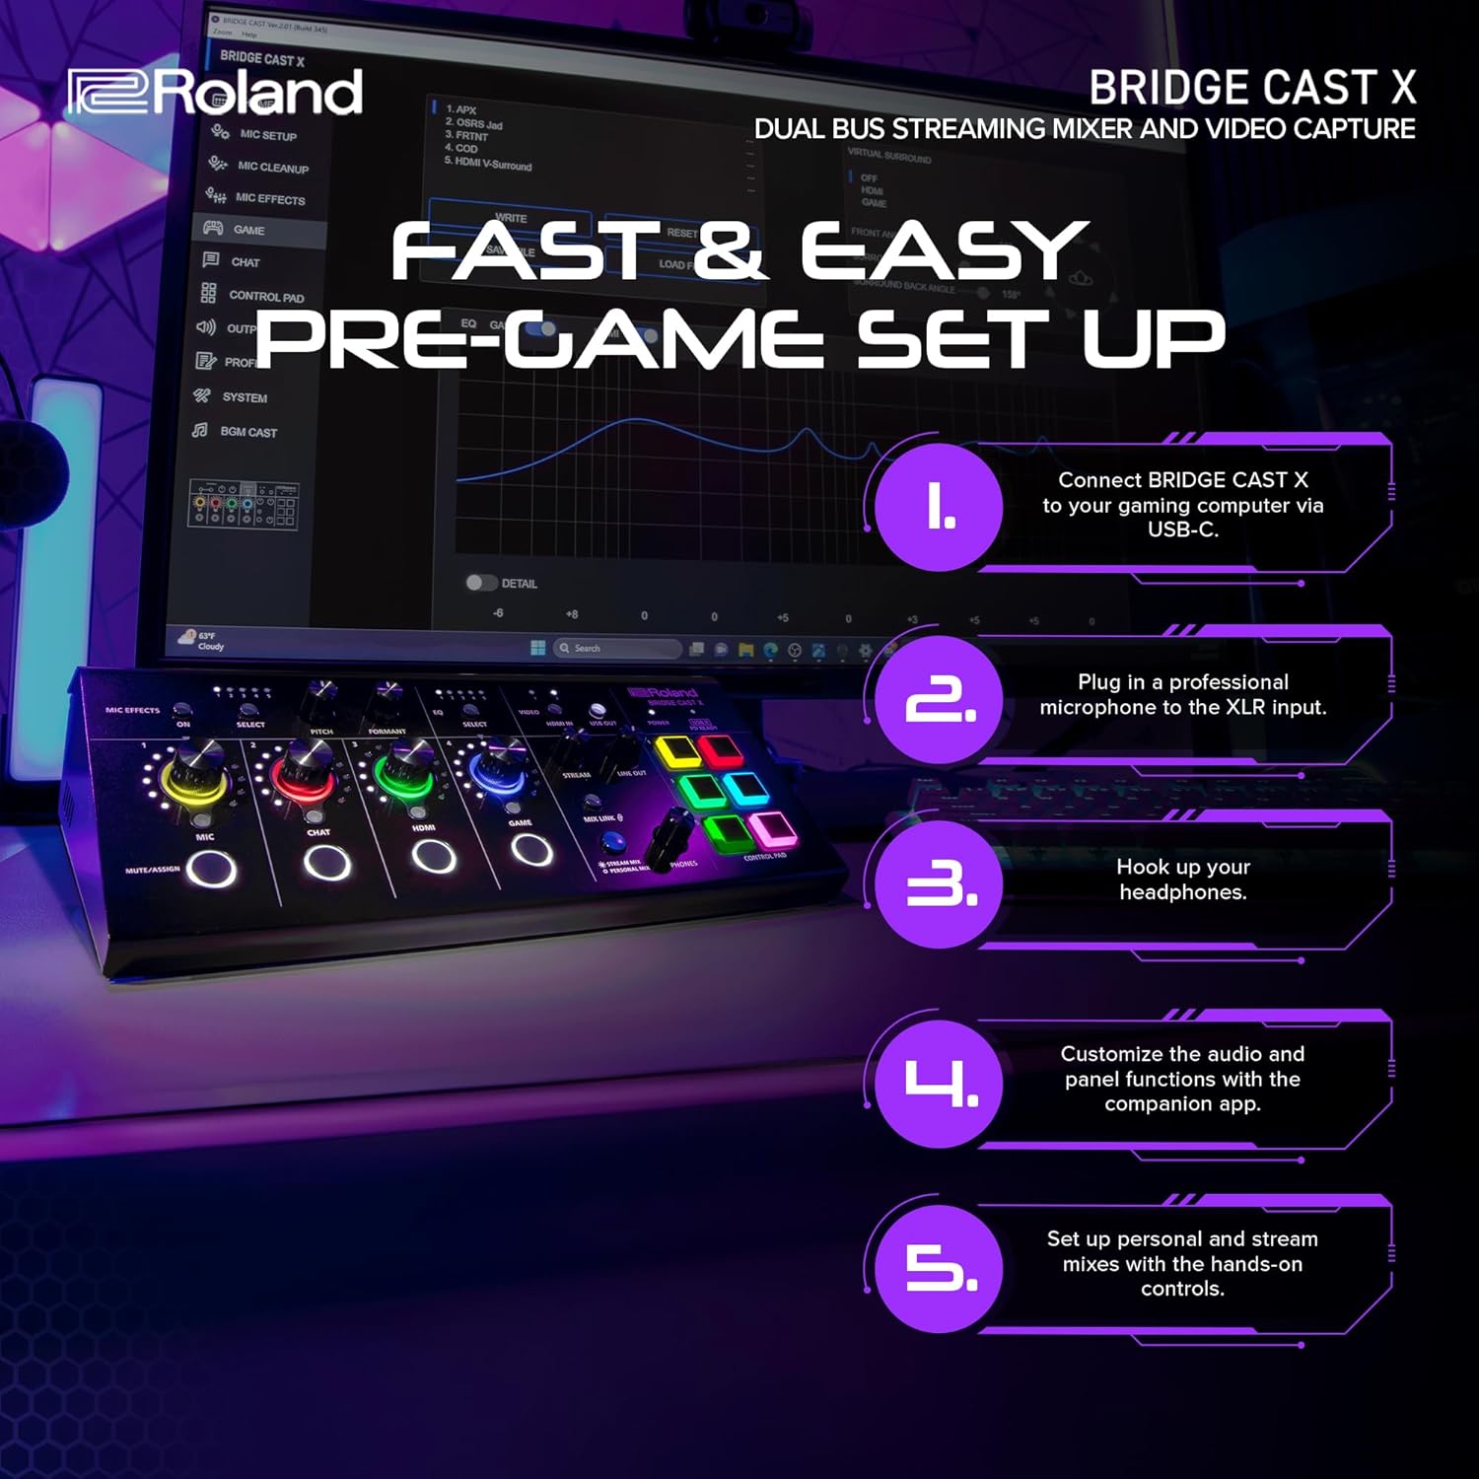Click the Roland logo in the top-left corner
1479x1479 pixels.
click(x=215, y=92)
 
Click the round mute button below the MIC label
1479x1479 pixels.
click(x=212, y=869)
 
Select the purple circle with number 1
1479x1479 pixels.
click(x=939, y=507)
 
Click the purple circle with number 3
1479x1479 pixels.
click(x=939, y=884)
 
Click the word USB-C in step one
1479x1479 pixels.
click(x=1182, y=529)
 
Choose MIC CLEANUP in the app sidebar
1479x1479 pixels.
click(x=272, y=167)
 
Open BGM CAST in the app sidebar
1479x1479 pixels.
click(x=247, y=432)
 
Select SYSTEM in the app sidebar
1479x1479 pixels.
click(x=244, y=397)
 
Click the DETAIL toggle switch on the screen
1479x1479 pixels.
click(x=481, y=583)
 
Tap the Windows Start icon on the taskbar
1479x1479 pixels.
click(x=537, y=648)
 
